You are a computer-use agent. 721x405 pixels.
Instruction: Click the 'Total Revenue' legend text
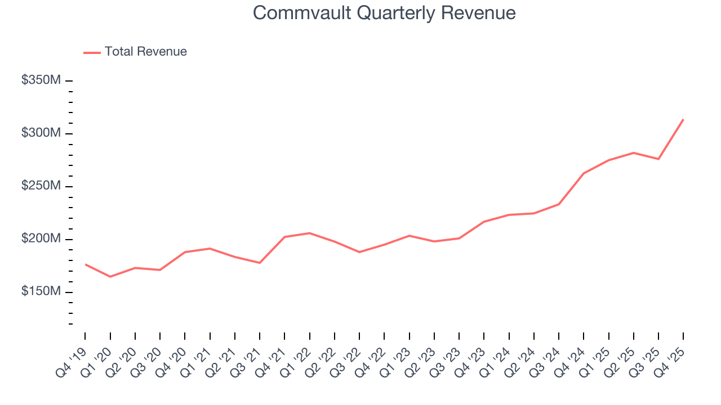pos(145,52)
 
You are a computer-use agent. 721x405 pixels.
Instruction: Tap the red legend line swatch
pos(92,52)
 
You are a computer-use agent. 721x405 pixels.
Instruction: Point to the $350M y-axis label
pos(41,80)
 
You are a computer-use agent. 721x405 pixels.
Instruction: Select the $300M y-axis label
pos(41,133)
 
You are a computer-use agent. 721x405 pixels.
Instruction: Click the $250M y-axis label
pos(41,186)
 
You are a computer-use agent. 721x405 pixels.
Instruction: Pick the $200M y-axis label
pos(41,239)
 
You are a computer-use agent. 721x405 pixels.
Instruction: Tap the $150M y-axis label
pos(41,292)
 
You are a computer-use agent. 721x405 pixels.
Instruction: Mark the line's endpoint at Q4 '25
pos(683,119)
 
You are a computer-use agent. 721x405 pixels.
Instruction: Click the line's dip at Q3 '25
pos(658,159)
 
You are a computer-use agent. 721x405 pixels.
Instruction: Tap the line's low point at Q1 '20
pos(110,277)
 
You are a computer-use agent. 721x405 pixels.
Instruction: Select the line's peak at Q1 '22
pos(309,233)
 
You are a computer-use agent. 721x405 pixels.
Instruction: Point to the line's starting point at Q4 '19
pos(85,264)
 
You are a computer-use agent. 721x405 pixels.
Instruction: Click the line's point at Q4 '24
pos(584,173)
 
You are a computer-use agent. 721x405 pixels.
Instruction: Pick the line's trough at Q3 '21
pos(259,263)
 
